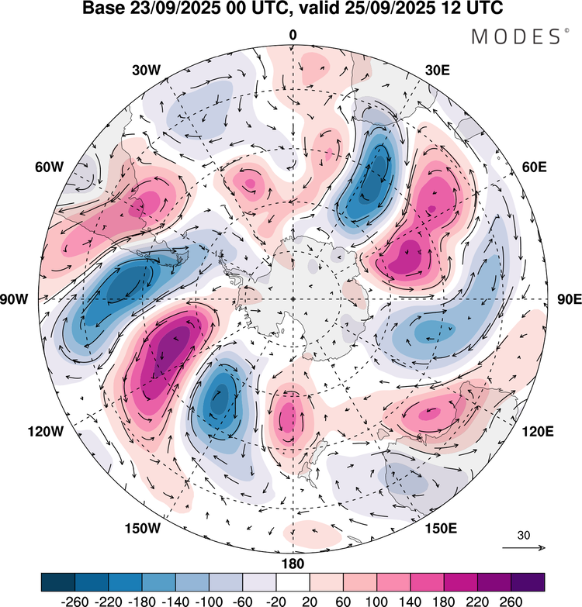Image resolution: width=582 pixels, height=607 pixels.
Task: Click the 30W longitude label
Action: [x=146, y=70]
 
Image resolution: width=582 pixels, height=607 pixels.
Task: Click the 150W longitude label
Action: [x=143, y=529]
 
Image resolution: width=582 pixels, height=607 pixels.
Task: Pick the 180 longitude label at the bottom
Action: [x=293, y=564]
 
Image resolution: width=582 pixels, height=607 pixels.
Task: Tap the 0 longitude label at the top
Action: [x=293, y=35]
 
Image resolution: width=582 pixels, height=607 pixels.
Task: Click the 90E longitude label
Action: [x=570, y=300]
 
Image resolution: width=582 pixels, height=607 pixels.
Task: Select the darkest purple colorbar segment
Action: [x=528, y=582]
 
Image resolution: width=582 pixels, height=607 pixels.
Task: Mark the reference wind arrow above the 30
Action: [x=524, y=548]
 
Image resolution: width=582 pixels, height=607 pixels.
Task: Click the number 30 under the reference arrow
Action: [x=524, y=536]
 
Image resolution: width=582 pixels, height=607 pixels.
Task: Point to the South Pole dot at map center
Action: [x=293, y=299]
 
